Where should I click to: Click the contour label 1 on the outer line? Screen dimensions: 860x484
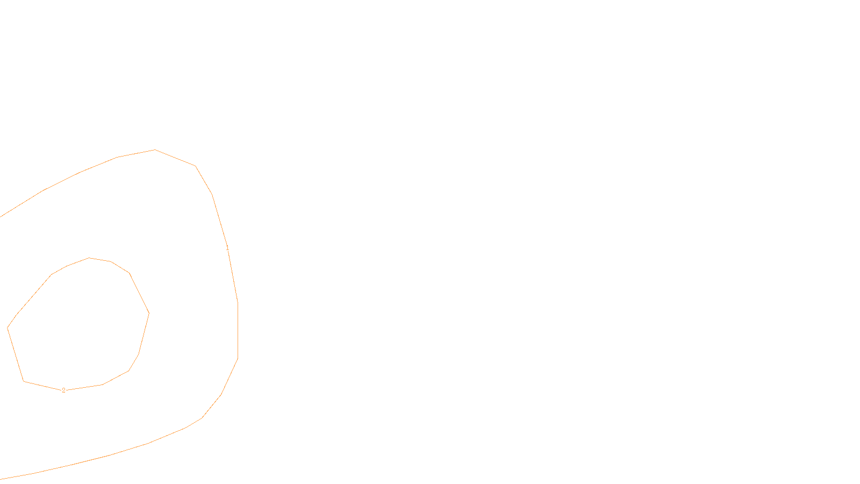(227, 248)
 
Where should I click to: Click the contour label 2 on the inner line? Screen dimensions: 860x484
(63, 390)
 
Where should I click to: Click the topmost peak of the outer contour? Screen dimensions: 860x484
(155, 150)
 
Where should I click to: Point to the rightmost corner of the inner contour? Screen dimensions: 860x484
(149, 313)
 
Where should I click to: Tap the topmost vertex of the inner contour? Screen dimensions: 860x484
(89, 258)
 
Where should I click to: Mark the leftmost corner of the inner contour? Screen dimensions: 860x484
(8, 328)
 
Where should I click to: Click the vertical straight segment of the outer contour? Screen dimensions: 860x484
(238, 331)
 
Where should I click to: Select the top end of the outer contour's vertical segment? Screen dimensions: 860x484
(238, 303)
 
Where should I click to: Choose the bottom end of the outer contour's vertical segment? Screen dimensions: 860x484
(238, 359)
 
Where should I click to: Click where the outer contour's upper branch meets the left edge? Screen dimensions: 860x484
(1, 216)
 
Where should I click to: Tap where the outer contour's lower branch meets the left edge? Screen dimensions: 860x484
(1, 479)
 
